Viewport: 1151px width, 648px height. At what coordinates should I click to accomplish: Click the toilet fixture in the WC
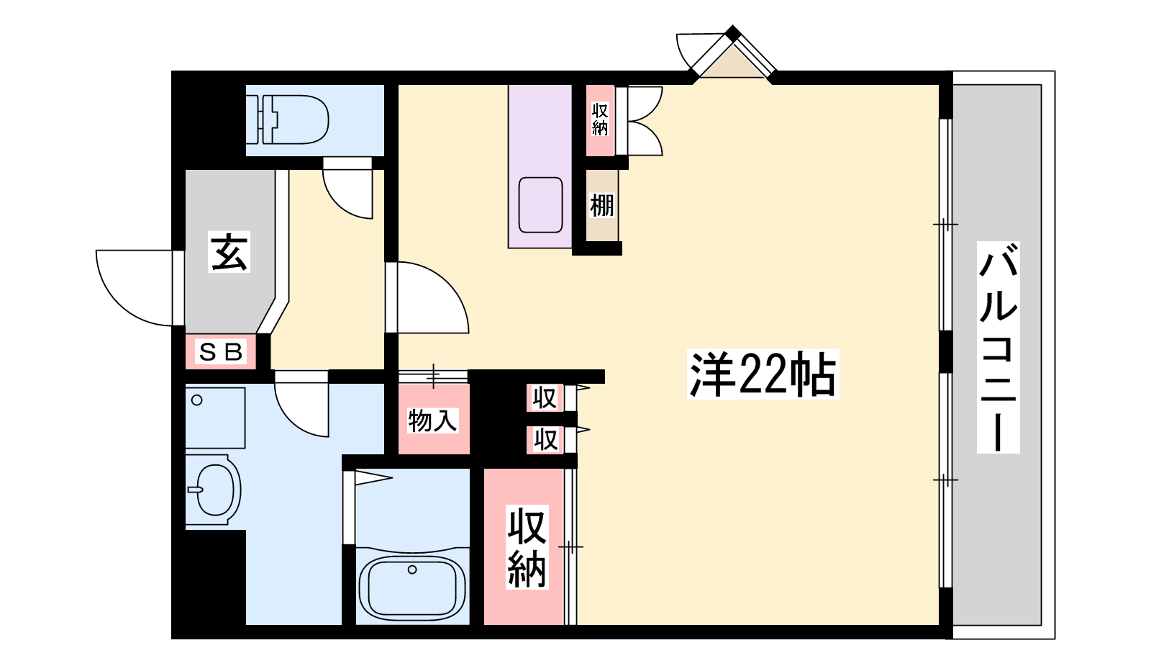click(294, 120)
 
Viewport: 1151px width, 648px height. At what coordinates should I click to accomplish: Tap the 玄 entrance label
click(229, 251)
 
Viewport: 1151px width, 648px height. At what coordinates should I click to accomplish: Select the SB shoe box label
click(220, 352)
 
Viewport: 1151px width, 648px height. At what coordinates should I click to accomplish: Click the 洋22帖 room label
click(763, 374)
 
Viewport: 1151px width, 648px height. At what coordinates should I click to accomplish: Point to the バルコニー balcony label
click(998, 348)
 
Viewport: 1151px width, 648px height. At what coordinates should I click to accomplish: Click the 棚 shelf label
click(601, 206)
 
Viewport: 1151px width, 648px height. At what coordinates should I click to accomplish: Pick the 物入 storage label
click(432, 420)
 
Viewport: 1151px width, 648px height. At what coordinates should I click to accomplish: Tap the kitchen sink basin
click(540, 204)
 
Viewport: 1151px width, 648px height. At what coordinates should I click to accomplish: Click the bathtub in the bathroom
click(412, 586)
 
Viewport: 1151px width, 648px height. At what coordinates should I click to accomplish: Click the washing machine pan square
click(215, 418)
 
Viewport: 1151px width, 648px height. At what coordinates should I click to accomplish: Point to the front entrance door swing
click(135, 288)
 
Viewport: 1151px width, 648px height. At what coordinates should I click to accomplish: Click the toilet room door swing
click(347, 189)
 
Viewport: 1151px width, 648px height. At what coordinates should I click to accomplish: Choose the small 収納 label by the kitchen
click(600, 120)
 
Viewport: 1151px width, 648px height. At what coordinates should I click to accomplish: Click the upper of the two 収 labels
click(544, 398)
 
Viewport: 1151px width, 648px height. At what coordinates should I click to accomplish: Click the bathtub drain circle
click(412, 570)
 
